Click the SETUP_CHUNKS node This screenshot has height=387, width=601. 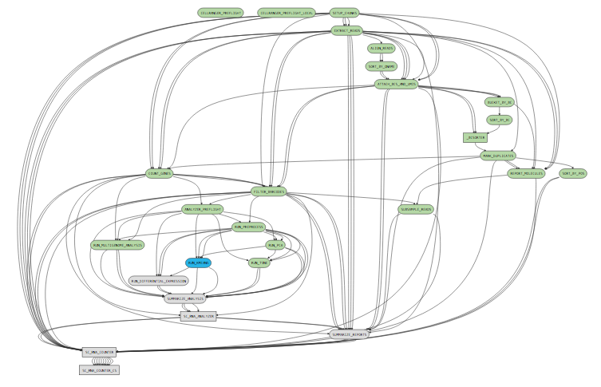pos(344,13)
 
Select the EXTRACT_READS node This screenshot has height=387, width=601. pos(346,31)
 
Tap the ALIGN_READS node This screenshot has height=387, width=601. pos(381,49)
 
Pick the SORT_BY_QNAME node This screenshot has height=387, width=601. pos(382,66)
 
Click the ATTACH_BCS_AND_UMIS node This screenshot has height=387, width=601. pos(396,84)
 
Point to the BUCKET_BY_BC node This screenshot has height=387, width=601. pos(499,102)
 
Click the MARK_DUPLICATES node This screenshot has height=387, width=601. pos(498,156)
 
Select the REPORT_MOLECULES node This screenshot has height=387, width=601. pos(526,173)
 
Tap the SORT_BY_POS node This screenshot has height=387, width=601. pos(573,173)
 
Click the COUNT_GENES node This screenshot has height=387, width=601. pos(159,173)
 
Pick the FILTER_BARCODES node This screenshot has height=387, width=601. pos(269,192)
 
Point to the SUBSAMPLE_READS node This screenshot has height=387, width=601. pos(415,209)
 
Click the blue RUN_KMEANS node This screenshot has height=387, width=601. pos(198,263)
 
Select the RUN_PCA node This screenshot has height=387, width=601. pos(276,245)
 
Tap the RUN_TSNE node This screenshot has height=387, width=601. pos(260,263)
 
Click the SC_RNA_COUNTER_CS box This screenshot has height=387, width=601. pos(99,370)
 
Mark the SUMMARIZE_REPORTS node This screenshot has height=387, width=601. pos(349,334)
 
